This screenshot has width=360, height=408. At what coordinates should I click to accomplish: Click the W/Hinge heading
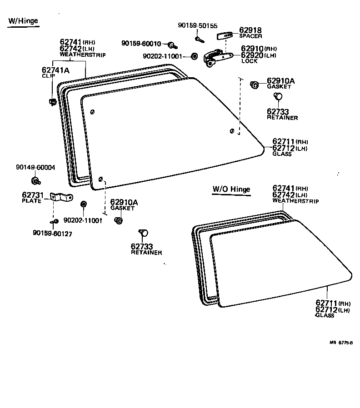click(x=23, y=21)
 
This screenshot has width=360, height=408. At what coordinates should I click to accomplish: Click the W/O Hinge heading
click(x=231, y=189)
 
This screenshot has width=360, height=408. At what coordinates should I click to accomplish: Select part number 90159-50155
click(x=197, y=26)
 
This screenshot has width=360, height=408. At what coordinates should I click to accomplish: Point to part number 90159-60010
click(x=141, y=43)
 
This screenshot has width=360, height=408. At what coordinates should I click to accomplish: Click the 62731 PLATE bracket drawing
click(x=61, y=197)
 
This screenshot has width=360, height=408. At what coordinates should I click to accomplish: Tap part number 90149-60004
click(x=35, y=167)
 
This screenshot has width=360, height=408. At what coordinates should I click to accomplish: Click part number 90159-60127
click(x=52, y=233)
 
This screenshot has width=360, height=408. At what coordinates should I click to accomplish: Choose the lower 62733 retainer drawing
click(x=144, y=233)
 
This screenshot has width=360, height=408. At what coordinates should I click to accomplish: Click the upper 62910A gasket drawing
click(x=255, y=85)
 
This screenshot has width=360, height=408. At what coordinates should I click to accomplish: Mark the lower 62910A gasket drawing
click(x=119, y=221)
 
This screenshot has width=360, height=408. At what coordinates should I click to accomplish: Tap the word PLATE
click(x=31, y=200)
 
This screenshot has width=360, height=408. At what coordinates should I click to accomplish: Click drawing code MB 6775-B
click(x=341, y=343)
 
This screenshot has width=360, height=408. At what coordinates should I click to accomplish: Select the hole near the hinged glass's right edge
click(x=232, y=131)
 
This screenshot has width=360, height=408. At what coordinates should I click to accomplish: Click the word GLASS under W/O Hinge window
click(x=324, y=315)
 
